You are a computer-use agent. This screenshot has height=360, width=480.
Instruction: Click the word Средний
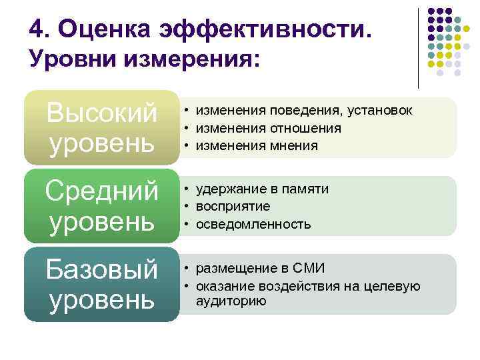pyautogui.click(x=101, y=191)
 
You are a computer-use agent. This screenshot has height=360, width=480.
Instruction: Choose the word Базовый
pyautogui.click(x=101, y=270)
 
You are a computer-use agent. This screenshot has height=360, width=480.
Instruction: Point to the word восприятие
pyautogui.click(x=232, y=207)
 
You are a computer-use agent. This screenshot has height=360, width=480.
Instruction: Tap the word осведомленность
pyautogui.click(x=253, y=224)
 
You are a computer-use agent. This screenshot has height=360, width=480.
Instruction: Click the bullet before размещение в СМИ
pyautogui.click(x=189, y=269)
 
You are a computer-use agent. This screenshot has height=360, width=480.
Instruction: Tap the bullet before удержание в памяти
pyautogui.click(x=189, y=189)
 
